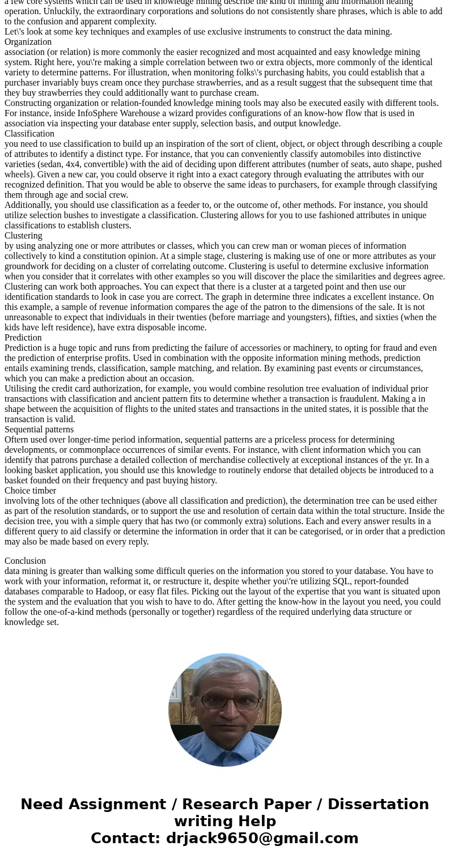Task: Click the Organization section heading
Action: tap(28, 42)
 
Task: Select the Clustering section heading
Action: tap(23, 236)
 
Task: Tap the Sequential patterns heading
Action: tap(39, 430)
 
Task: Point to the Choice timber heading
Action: tap(30, 491)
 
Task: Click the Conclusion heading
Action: tap(25, 561)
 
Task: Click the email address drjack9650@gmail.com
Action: tap(262, 839)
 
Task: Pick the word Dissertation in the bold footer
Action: tap(378, 805)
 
